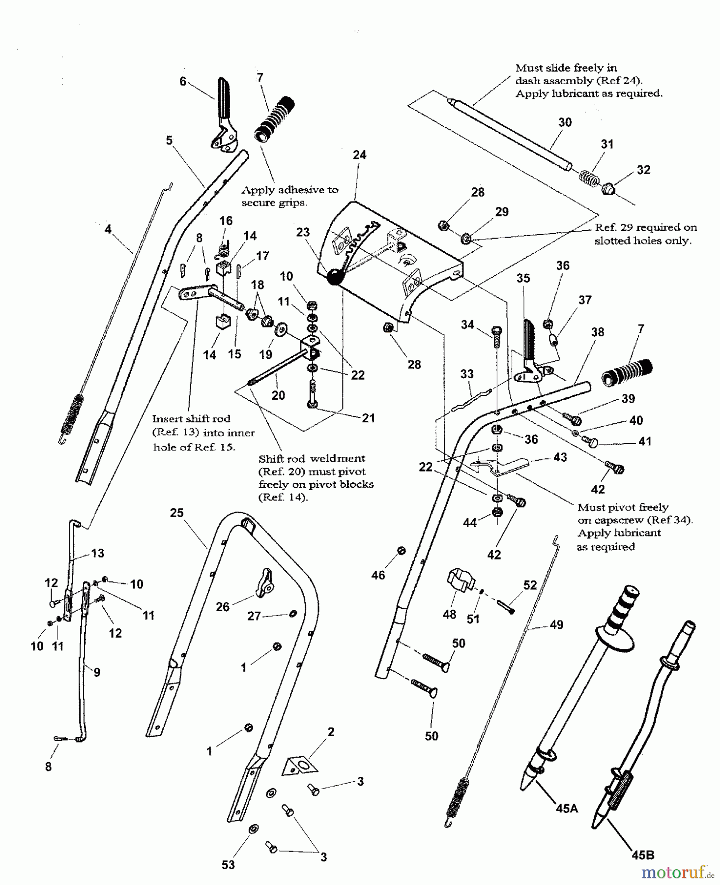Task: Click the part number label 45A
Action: pyautogui.click(x=566, y=808)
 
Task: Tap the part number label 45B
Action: pyautogui.click(x=643, y=855)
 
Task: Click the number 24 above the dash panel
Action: pyautogui.click(x=360, y=155)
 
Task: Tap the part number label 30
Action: pyautogui.click(x=565, y=122)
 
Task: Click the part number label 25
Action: pyautogui.click(x=177, y=513)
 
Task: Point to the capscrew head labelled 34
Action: pyautogui.click(x=496, y=331)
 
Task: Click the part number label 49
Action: pyautogui.click(x=556, y=625)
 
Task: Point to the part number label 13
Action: pyautogui.click(x=98, y=553)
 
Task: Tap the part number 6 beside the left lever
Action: pyautogui.click(x=183, y=82)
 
